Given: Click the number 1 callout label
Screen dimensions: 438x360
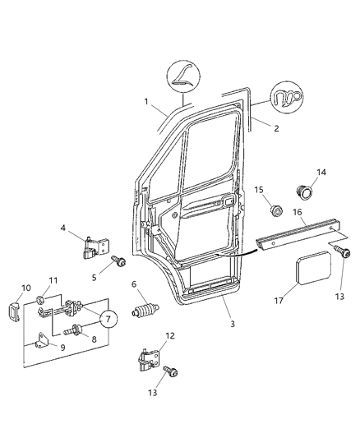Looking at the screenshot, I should click(x=147, y=102).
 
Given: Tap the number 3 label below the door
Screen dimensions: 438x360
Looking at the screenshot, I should click(x=233, y=325).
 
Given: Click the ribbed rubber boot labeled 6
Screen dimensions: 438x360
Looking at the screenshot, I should click(x=145, y=313).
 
